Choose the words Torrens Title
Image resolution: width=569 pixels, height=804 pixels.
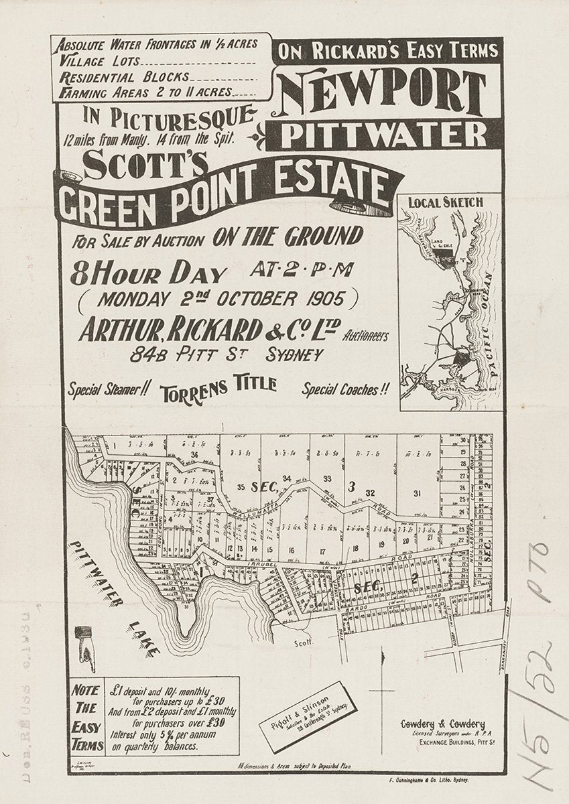[218, 388]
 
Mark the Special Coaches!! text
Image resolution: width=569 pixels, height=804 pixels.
[345, 389]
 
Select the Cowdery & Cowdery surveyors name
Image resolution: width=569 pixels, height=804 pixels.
[442, 724]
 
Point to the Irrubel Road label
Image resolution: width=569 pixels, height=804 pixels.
[258, 565]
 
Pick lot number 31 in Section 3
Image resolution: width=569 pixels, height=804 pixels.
[417, 494]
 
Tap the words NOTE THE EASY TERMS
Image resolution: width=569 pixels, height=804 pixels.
[87, 717]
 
